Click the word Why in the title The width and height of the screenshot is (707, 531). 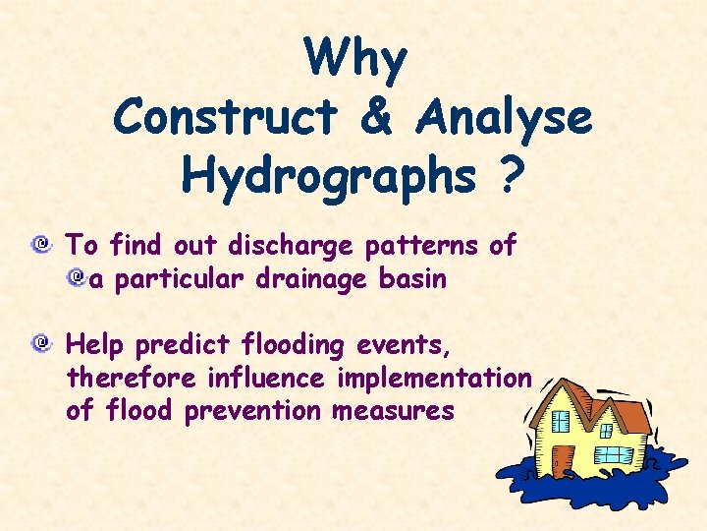354,59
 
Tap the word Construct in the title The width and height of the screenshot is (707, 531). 224,118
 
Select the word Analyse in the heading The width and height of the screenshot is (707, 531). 504,118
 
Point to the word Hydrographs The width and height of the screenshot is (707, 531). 317,177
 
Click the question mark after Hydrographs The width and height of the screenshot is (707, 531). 512,177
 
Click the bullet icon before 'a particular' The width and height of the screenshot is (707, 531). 76,280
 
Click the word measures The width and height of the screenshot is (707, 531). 393,410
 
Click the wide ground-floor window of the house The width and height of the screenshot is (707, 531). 615,454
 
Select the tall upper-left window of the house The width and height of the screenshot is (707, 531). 561,421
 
